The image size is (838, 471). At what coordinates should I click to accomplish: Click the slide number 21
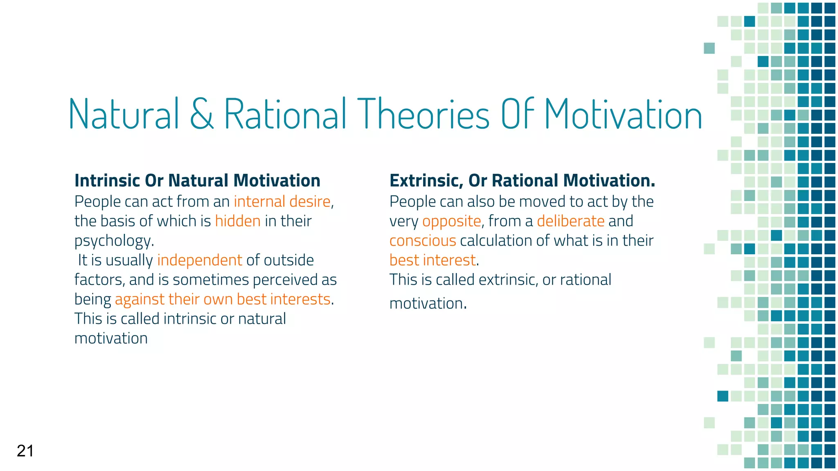[x=25, y=451]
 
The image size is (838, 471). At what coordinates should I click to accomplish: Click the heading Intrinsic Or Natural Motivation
[x=197, y=181]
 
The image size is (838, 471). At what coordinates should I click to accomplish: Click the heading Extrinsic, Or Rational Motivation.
[x=522, y=181]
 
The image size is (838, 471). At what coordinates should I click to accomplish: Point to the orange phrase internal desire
[x=282, y=202]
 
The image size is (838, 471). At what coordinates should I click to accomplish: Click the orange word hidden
[x=238, y=221]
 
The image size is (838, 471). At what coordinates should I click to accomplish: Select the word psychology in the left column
[x=113, y=241]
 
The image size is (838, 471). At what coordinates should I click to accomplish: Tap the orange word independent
[x=200, y=260]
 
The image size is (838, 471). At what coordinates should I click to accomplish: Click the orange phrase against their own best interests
[x=223, y=299]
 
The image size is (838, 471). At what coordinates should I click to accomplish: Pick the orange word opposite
[x=451, y=221]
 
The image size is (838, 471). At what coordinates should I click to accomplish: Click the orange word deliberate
[x=570, y=221]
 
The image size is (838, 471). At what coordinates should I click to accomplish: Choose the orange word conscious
[x=422, y=241]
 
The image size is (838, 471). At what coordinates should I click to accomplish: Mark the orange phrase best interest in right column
[x=433, y=260]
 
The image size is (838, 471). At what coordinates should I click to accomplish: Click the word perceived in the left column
[x=285, y=280]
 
